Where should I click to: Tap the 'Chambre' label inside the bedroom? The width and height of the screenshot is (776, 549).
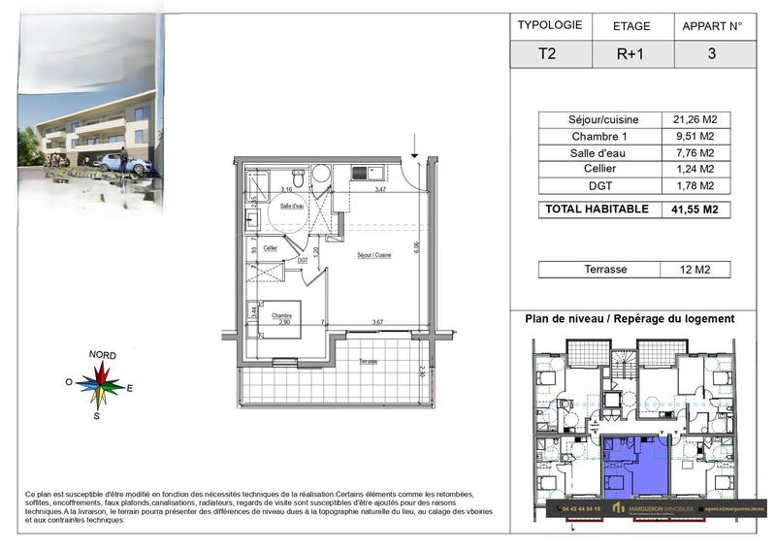pyautogui.click(x=281, y=315)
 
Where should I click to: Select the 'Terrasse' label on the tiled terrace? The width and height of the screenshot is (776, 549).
pyautogui.click(x=368, y=361)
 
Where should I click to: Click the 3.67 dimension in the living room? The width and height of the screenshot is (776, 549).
pyautogui.click(x=377, y=322)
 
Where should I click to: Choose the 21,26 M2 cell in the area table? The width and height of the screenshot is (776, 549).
pyautogui.click(x=694, y=119)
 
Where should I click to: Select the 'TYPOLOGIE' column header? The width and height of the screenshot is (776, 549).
pyautogui.click(x=550, y=26)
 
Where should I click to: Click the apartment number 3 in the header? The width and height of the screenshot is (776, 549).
pyautogui.click(x=712, y=54)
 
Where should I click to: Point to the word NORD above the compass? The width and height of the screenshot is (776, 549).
pyautogui.click(x=103, y=355)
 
